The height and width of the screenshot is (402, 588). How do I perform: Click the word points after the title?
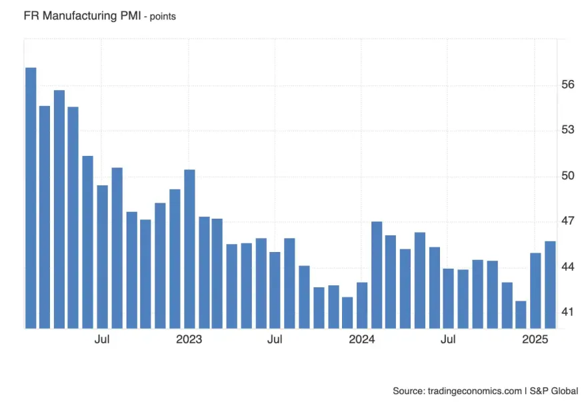point(161,16)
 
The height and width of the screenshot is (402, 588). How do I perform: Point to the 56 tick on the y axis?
point(568,85)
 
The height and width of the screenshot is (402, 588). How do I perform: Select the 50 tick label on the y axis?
point(568,176)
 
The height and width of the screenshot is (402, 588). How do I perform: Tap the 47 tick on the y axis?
point(568,221)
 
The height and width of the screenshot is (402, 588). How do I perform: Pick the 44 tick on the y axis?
point(568,267)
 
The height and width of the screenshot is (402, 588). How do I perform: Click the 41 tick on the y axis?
point(568,311)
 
